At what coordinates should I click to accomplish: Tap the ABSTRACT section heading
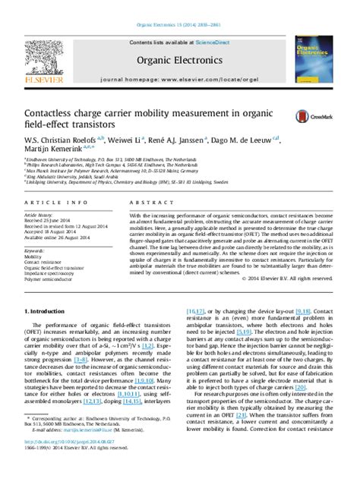tap(149, 203)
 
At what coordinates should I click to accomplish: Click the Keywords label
tap(36, 250)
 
